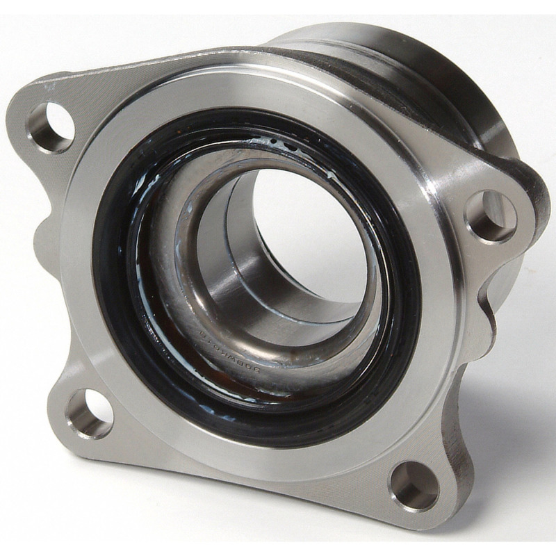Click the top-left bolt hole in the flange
pyautogui.click(x=51, y=127)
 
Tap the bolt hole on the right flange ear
pyautogui.click(x=491, y=216)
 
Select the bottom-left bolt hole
pyautogui.click(x=89, y=414)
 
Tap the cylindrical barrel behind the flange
pyautogui.click(x=445, y=104)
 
